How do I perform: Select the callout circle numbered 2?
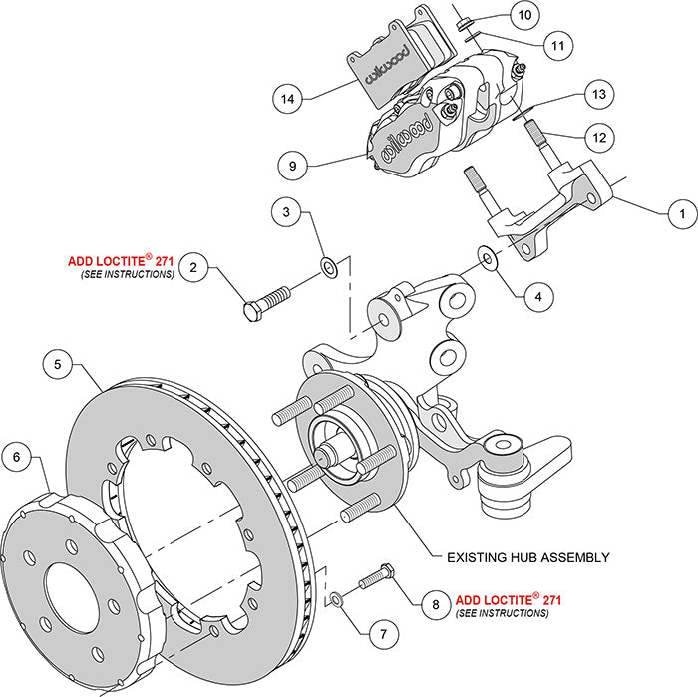(196, 267)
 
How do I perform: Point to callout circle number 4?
(536, 295)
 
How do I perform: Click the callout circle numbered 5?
(58, 365)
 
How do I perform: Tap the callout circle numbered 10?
(524, 15)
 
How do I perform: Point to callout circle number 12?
(597, 136)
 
